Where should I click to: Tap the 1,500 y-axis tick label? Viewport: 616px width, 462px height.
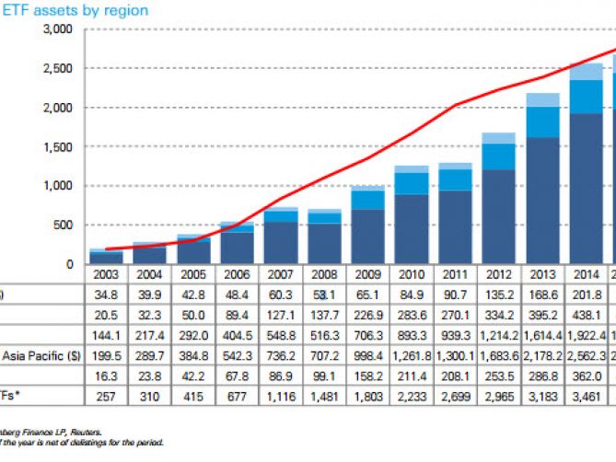54,146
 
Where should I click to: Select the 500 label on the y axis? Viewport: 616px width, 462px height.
61,225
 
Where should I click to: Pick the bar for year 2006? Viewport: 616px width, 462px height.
237,243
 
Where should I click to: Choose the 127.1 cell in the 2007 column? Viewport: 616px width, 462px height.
281,315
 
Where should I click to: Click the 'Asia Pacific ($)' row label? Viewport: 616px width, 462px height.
38,355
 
